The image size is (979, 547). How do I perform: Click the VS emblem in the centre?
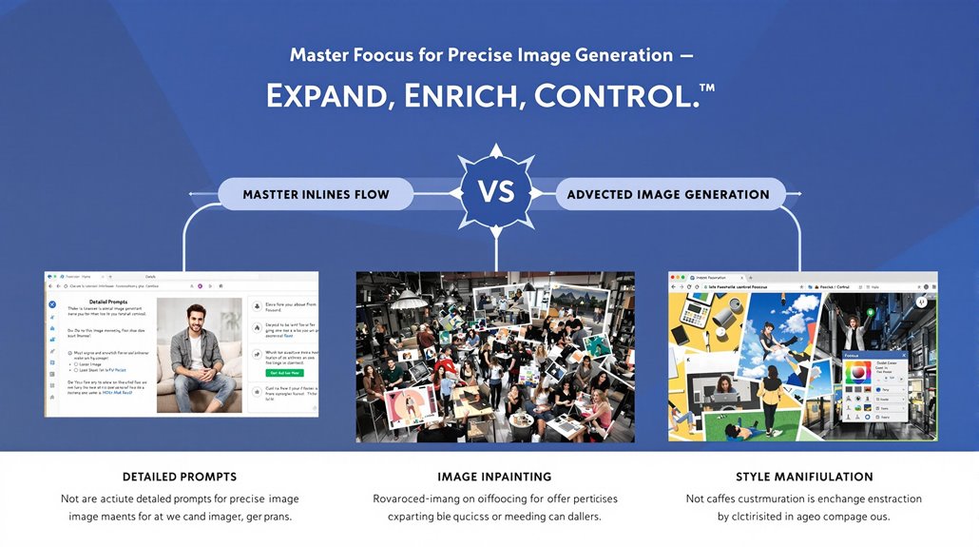495,193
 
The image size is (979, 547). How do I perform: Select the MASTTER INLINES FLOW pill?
317,195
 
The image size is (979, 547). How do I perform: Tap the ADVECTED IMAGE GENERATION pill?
668,195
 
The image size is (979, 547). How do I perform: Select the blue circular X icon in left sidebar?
52,306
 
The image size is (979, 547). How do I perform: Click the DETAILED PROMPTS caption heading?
180,477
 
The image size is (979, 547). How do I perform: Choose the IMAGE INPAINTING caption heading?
494,477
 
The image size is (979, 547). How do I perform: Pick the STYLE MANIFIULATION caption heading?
803,477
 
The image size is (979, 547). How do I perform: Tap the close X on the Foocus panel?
903,355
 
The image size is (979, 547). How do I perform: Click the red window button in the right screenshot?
674,285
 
